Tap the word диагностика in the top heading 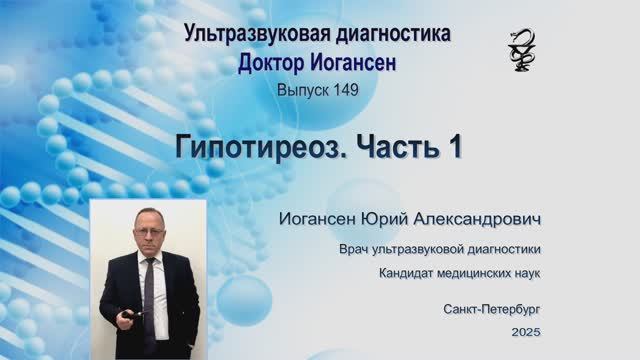(392, 35)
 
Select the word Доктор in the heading (275, 63)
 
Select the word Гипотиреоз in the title (255, 148)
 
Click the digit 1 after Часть (454, 148)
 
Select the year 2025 (524, 329)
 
